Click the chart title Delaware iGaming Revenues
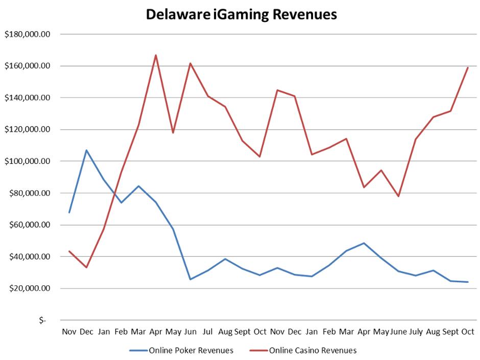[x=241, y=14]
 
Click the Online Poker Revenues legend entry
[x=190, y=350]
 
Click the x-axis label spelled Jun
[x=190, y=331]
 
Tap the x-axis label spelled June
[x=398, y=331]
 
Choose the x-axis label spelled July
[x=416, y=331]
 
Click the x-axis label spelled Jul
[x=207, y=331]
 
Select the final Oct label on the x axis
[x=468, y=331]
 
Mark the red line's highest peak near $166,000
[x=156, y=55]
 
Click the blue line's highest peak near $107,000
[x=86, y=150]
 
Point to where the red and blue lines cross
[x=115, y=193]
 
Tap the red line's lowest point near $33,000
[x=86, y=267]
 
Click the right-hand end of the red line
[x=468, y=67]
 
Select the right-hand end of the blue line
[x=468, y=282]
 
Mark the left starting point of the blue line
[x=69, y=212]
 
